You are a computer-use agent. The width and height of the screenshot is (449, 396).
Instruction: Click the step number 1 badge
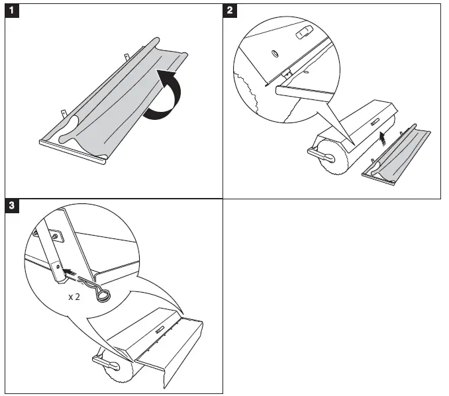pyautogui.click(x=12, y=11)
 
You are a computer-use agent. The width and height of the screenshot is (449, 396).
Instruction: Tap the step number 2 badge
pyautogui.click(x=230, y=11)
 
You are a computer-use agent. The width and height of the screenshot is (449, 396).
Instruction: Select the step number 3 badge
pyautogui.click(x=12, y=205)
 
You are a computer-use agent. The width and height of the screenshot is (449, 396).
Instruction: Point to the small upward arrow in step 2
pyautogui.click(x=382, y=138)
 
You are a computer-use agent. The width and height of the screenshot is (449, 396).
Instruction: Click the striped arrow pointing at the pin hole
pyautogui.click(x=70, y=272)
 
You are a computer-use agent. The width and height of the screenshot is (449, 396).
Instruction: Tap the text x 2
pyautogui.click(x=74, y=297)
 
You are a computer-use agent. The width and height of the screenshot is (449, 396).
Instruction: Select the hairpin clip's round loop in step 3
pyautogui.click(x=103, y=295)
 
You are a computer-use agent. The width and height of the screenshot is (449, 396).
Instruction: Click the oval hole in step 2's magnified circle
pyautogui.click(x=275, y=54)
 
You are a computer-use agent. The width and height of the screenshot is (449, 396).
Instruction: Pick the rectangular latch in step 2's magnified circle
pyautogui.click(x=303, y=32)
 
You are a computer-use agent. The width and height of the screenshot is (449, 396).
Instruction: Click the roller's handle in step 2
pyautogui.click(x=321, y=154)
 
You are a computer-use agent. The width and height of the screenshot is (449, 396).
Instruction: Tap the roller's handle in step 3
pyautogui.click(x=106, y=363)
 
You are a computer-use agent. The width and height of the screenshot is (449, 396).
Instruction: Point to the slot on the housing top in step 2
pyautogui.click(x=375, y=122)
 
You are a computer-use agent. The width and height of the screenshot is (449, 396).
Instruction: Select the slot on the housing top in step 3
pyautogui.click(x=160, y=330)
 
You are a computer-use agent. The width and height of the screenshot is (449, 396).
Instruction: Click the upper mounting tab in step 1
pyautogui.click(x=126, y=57)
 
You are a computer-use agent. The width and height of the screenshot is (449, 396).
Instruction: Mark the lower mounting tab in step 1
pyautogui.click(x=64, y=113)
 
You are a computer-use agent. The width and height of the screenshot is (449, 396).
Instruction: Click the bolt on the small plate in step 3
pyautogui.click(x=55, y=236)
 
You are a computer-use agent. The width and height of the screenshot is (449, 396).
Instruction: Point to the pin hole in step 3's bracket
pyautogui.click(x=58, y=267)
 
